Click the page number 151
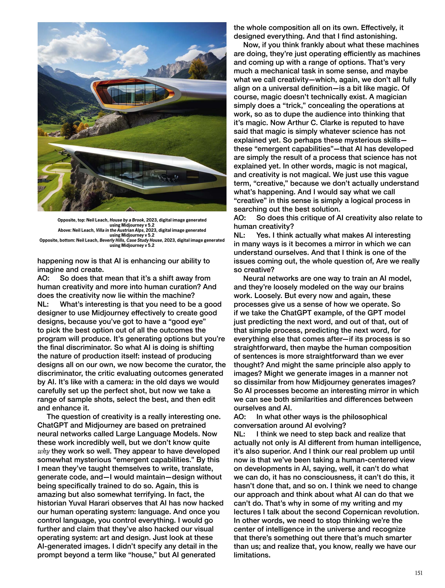click(418, 573)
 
